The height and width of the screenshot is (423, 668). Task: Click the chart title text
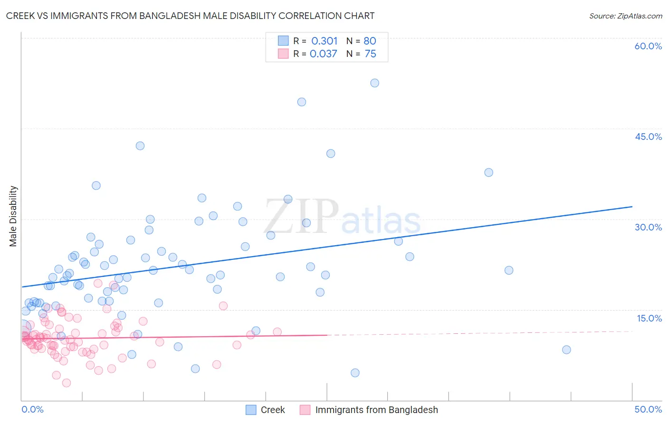point(190,16)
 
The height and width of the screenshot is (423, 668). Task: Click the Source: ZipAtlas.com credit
point(625,16)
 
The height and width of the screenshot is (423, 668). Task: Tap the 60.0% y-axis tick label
point(648,46)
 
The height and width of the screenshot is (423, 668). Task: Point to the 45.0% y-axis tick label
point(648,137)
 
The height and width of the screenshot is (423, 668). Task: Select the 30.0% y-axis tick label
point(648,227)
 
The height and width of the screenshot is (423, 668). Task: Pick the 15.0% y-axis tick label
point(649,318)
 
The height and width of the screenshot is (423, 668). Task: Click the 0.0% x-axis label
point(32,409)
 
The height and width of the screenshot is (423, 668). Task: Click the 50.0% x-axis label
point(648,409)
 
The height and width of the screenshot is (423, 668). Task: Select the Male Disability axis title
point(13,216)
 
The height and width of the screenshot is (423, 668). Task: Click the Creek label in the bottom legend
point(273,410)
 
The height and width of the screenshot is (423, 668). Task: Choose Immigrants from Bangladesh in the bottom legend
point(376,410)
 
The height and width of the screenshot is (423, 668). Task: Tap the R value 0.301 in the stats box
point(324,41)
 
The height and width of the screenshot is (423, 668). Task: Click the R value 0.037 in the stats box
point(324,54)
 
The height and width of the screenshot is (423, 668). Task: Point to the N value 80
point(370,41)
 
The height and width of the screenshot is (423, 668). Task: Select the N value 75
point(370,54)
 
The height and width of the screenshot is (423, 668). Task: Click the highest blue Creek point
point(374,83)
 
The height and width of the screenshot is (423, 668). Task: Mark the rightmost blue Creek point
point(566,350)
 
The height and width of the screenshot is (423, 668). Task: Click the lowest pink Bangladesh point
point(67,383)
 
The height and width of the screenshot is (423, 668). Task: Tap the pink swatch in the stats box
point(283,54)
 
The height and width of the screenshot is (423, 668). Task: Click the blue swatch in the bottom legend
point(251,410)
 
